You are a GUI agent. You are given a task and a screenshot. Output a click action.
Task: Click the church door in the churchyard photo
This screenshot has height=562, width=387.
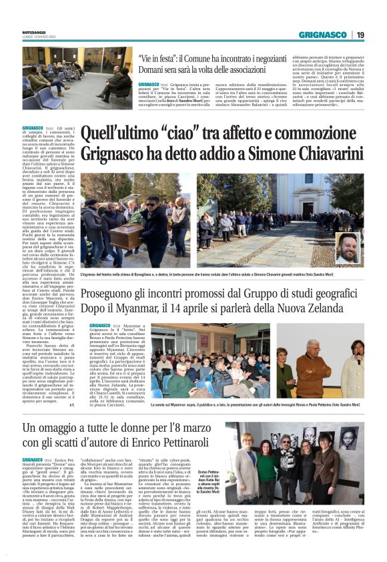pos(273,200)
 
